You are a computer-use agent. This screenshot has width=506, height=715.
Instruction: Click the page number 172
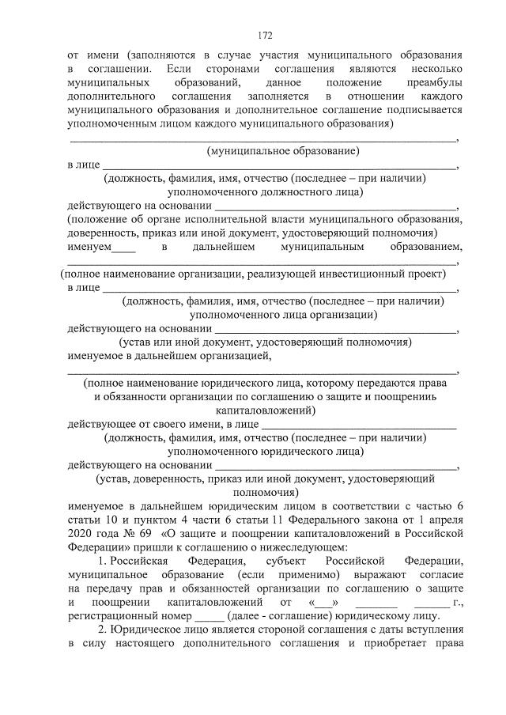pyautogui.click(x=265, y=36)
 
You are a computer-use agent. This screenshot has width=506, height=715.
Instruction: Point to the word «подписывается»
pyautogui.click(x=421, y=111)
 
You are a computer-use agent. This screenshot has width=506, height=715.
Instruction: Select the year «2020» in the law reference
pyautogui.click(x=81, y=534)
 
